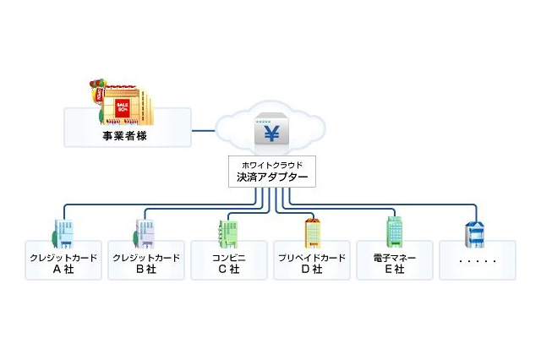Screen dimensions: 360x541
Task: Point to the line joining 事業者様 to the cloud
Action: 205,130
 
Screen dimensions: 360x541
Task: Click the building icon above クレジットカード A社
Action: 64,233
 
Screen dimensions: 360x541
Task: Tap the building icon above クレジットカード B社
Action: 145,233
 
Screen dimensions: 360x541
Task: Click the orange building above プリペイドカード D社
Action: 312,233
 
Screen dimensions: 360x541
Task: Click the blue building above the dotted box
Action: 475,233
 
